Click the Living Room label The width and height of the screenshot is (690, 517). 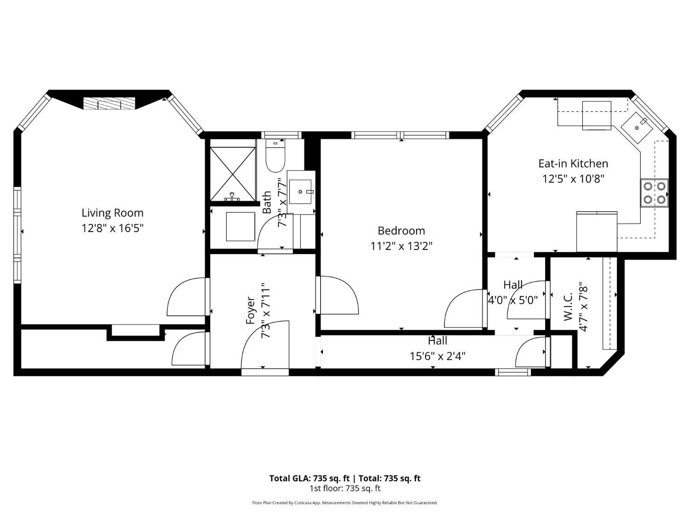click(x=113, y=213)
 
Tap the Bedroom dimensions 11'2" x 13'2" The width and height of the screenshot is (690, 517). click(x=401, y=246)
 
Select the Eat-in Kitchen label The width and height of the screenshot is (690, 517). click(x=573, y=164)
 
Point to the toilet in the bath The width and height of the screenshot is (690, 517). click(x=276, y=155)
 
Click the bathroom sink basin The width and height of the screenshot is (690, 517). click(x=300, y=192)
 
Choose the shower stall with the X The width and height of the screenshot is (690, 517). click(x=233, y=174)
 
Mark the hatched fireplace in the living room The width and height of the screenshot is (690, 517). click(x=109, y=103)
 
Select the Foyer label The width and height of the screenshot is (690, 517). click(x=250, y=311)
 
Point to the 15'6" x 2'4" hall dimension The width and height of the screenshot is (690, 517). click(x=437, y=356)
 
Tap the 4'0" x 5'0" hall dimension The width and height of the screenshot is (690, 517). click(x=513, y=300)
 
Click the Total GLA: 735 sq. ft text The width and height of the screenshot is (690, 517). click(x=309, y=478)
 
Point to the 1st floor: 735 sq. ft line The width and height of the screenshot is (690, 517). click(x=345, y=489)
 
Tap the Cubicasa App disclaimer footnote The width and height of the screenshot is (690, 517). click(x=345, y=503)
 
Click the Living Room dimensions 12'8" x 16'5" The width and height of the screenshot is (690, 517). click(x=113, y=228)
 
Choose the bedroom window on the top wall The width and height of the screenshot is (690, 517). click(x=400, y=135)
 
